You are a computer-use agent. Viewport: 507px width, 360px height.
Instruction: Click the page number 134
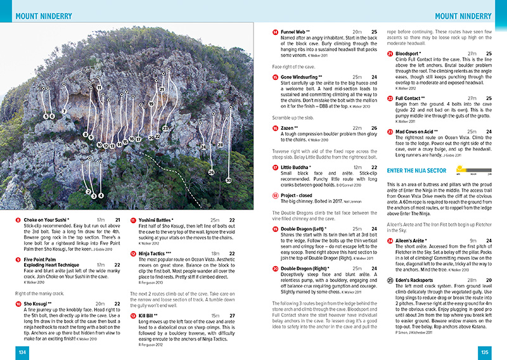(x=22, y=352)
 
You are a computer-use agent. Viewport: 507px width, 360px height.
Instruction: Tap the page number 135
(x=485, y=352)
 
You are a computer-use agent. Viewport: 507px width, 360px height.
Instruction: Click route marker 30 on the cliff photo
(x=228, y=181)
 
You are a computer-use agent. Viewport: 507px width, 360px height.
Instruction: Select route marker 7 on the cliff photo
(x=64, y=112)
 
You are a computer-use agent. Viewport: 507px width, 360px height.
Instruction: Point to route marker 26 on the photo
(x=211, y=172)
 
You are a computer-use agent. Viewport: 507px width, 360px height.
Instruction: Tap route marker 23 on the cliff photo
(x=165, y=129)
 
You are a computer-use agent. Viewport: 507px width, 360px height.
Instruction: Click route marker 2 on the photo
(x=88, y=191)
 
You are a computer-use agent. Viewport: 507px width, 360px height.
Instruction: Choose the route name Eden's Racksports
(x=419, y=280)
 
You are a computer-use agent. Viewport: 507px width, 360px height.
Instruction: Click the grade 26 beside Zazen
(x=374, y=128)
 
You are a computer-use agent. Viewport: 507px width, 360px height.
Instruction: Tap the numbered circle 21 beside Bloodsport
(x=390, y=54)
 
